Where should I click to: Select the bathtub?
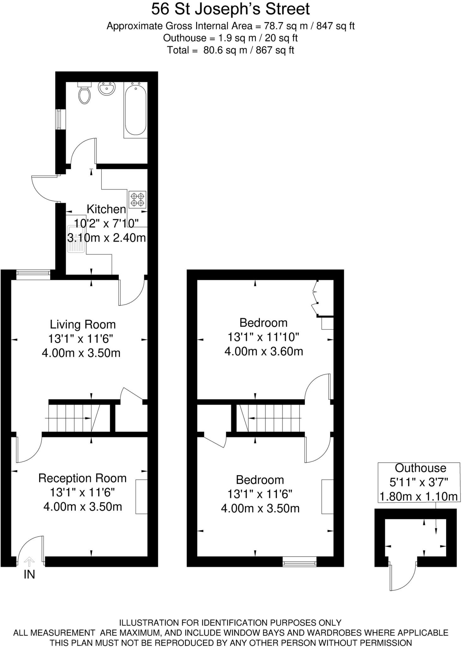[135, 109]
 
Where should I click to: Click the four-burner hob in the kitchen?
[137, 199]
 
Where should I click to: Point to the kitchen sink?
[76, 239]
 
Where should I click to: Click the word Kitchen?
[106, 209]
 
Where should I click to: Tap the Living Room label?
[83, 324]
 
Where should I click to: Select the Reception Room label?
[82, 478]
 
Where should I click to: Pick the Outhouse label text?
[420, 468]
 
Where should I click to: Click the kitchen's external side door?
[44, 189]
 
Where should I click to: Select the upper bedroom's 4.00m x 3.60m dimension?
[264, 351]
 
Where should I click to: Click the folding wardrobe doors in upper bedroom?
[315, 297]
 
